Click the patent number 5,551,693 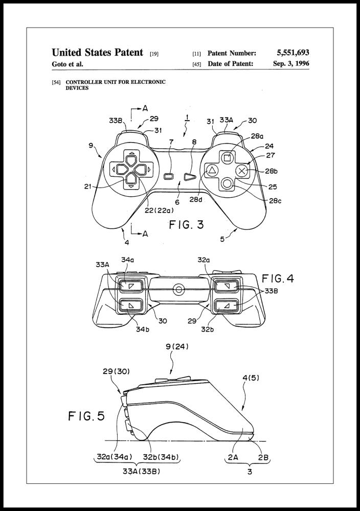pyautogui.click(x=292, y=53)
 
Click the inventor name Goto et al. pyautogui.click(x=67, y=64)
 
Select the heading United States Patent pyautogui.click(x=97, y=53)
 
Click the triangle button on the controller pyautogui.click(x=212, y=170)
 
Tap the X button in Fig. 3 pyautogui.click(x=243, y=170)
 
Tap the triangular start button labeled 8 pyautogui.click(x=190, y=176)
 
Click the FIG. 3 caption pyautogui.click(x=186, y=225)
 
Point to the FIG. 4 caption pyautogui.click(x=278, y=279)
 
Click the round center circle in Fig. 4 pyautogui.click(x=178, y=290)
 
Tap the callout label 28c pyautogui.click(x=275, y=201)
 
